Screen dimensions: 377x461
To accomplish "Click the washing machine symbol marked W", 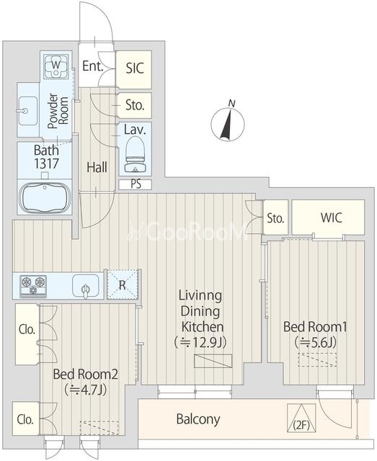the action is coord(56,66).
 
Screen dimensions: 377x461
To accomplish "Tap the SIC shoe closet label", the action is coord(135,68).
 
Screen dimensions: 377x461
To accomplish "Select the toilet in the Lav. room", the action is coord(135,155).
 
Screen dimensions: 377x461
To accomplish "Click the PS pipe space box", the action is coord(136,184).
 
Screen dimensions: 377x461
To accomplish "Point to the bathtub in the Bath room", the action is coord(45,197).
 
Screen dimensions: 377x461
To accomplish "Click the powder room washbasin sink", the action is coord(27,111).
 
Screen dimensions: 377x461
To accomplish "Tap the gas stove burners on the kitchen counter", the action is coord(33,286).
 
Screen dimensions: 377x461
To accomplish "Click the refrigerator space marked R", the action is coord(122,285).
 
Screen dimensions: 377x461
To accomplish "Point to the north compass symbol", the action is coord(228,123).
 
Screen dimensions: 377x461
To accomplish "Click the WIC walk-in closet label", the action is coord(332,218).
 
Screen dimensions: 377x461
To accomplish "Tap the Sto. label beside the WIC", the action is coord(276,218).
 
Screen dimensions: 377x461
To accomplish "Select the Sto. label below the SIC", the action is coord(135,105).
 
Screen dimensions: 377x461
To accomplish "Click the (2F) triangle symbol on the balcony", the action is coord(301,418).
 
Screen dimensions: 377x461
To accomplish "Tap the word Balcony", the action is coord(198,419).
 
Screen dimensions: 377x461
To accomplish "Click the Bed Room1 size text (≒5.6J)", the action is coord(315,342).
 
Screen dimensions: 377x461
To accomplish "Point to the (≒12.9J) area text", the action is coord(200,342).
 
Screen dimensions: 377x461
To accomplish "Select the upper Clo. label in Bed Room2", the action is coord(27,330).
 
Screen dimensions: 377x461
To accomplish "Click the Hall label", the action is coord(97,168).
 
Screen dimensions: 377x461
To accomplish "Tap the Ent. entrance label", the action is coord(93,66).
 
